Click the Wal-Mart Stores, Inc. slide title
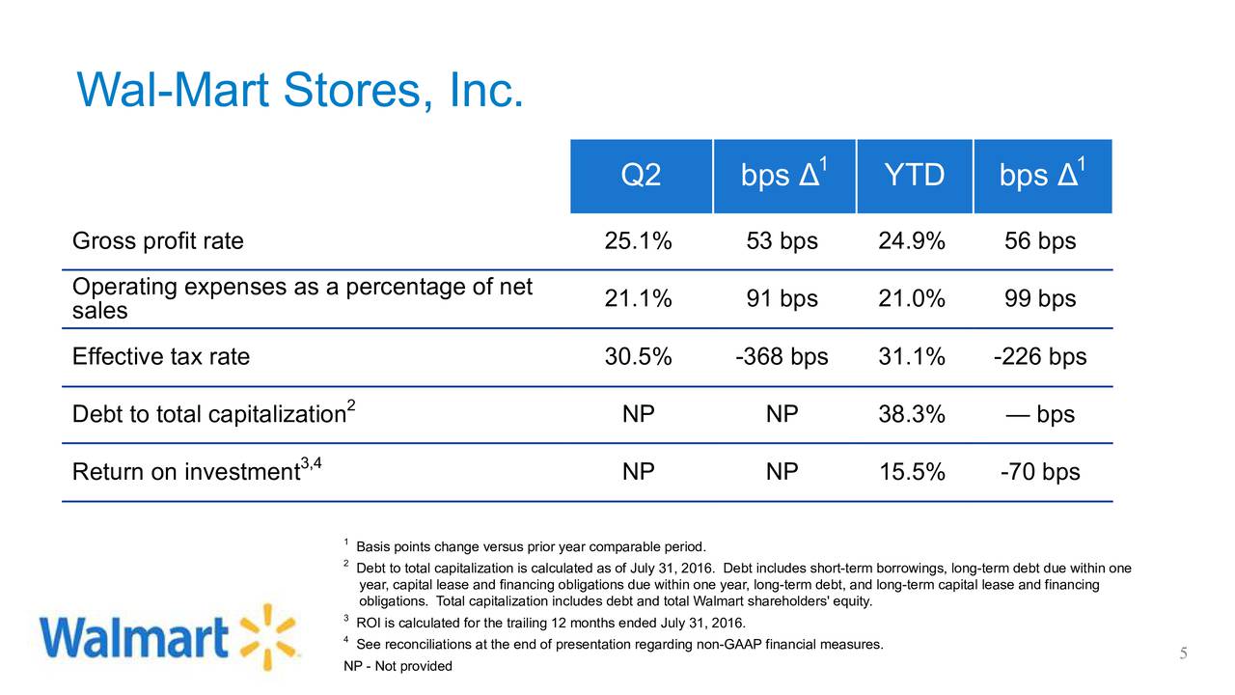pyautogui.click(x=300, y=91)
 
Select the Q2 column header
pyautogui.click(x=641, y=177)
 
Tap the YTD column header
pyautogui.click(x=913, y=177)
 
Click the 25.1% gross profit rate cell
pyautogui.click(x=638, y=241)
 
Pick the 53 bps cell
pyautogui.click(x=782, y=241)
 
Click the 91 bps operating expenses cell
pyautogui.click(x=782, y=299)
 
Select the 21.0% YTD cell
pyautogui.click(x=912, y=299)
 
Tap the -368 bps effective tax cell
pyautogui.click(x=782, y=357)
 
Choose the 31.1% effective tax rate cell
pyautogui.click(x=912, y=357)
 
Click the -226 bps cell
pyautogui.click(x=1039, y=357)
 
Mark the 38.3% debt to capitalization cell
pyautogui.click(x=912, y=415)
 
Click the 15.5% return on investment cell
pyautogui.click(x=912, y=473)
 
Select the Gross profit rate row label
pyautogui.click(x=158, y=241)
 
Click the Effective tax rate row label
pyautogui.click(x=161, y=357)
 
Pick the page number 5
pyautogui.click(x=1183, y=655)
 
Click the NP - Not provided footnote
pyautogui.click(x=398, y=666)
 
